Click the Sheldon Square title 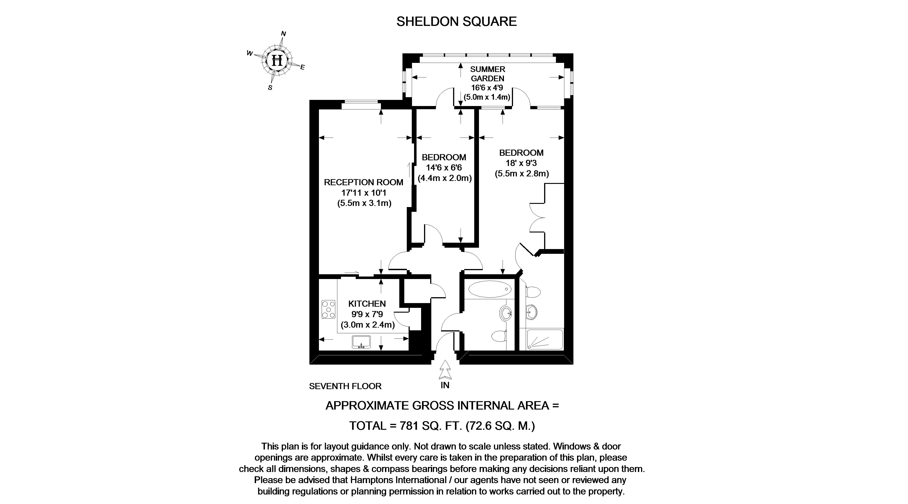pyautogui.click(x=456, y=22)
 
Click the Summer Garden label pyautogui.click(x=488, y=74)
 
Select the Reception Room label pyautogui.click(x=363, y=182)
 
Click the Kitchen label pyautogui.click(x=367, y=304)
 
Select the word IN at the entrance pyautogui.click(x=445, y=385)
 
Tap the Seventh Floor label pyautogui.click(x=345, y=386)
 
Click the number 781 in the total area pyautogui.click(x=409, y=426)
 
